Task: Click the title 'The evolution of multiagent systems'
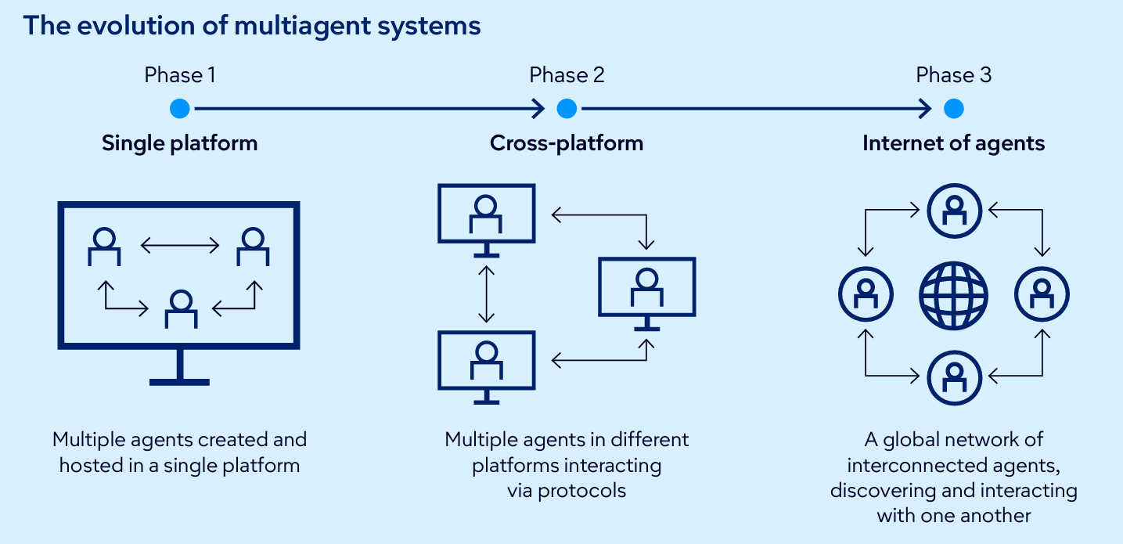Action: coord(251,26)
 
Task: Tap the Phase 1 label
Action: coord(180,75)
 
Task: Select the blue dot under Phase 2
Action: coord(567,109)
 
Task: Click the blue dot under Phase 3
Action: coord(953,109)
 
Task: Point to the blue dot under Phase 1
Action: coord(180,109)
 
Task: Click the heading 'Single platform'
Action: coord(180,143)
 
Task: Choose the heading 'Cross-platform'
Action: coord(567,143)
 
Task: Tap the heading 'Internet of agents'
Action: coord(953,143)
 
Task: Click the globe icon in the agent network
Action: coord(953,296)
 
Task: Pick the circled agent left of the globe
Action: coord(865,296)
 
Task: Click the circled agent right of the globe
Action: coord(1042,296)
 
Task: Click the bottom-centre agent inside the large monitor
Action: coord(181,308)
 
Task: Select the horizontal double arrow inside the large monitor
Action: coord(180,247)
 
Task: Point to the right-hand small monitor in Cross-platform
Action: coord(646,288)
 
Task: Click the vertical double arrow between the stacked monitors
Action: coord(487,294)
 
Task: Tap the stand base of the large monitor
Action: coord(180,381)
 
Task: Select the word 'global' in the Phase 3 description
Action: coord(912,440)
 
